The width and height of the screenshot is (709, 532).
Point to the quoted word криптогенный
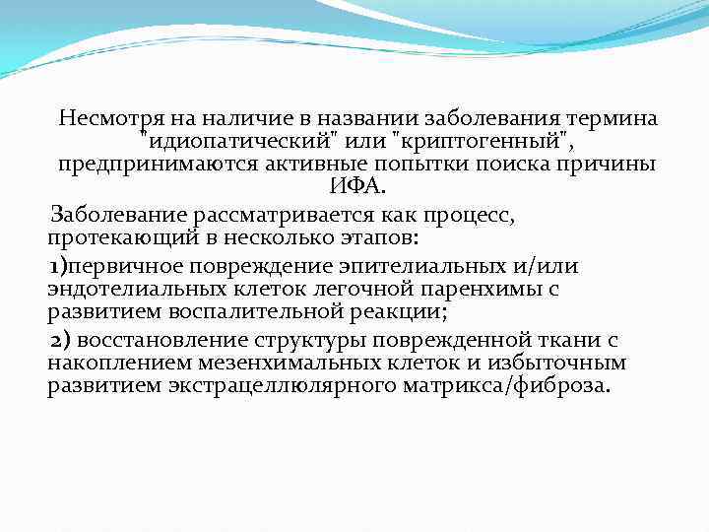point(480,142)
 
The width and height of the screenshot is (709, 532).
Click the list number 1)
point(59,266)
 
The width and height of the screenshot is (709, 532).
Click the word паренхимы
point(479,289)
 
